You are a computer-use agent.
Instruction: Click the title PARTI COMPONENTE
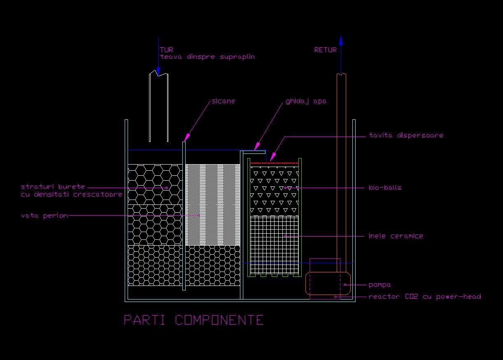pos(193,320)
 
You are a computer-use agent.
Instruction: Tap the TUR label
pos(166,50)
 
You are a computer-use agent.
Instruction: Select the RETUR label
pos(325,50)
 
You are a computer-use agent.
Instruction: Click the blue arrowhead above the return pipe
pos(341,41)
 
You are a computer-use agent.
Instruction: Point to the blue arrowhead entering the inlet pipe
pos(158,71)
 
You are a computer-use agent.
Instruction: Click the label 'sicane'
pos(223,101)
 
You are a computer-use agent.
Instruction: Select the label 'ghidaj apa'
pos(306,102)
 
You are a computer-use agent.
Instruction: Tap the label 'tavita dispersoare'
pos(406,135)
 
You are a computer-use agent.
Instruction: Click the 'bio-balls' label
pos(385,188)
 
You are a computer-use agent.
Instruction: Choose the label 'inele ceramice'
pos(396,236)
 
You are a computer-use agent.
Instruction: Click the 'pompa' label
pos(380,285)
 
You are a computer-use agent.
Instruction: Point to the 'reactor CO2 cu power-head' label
pos(425,297)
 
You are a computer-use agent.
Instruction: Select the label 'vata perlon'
pos(44,216)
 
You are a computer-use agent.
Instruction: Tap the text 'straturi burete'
pos(53,187)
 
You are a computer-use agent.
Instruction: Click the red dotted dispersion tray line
pos(275,163)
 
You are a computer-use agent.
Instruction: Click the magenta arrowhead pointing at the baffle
pos(187,137)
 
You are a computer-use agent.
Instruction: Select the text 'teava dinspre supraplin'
pos(207,57)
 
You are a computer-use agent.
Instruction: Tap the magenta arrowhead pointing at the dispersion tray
pos(272,157)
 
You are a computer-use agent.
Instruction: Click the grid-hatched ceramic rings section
pos(275,245)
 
